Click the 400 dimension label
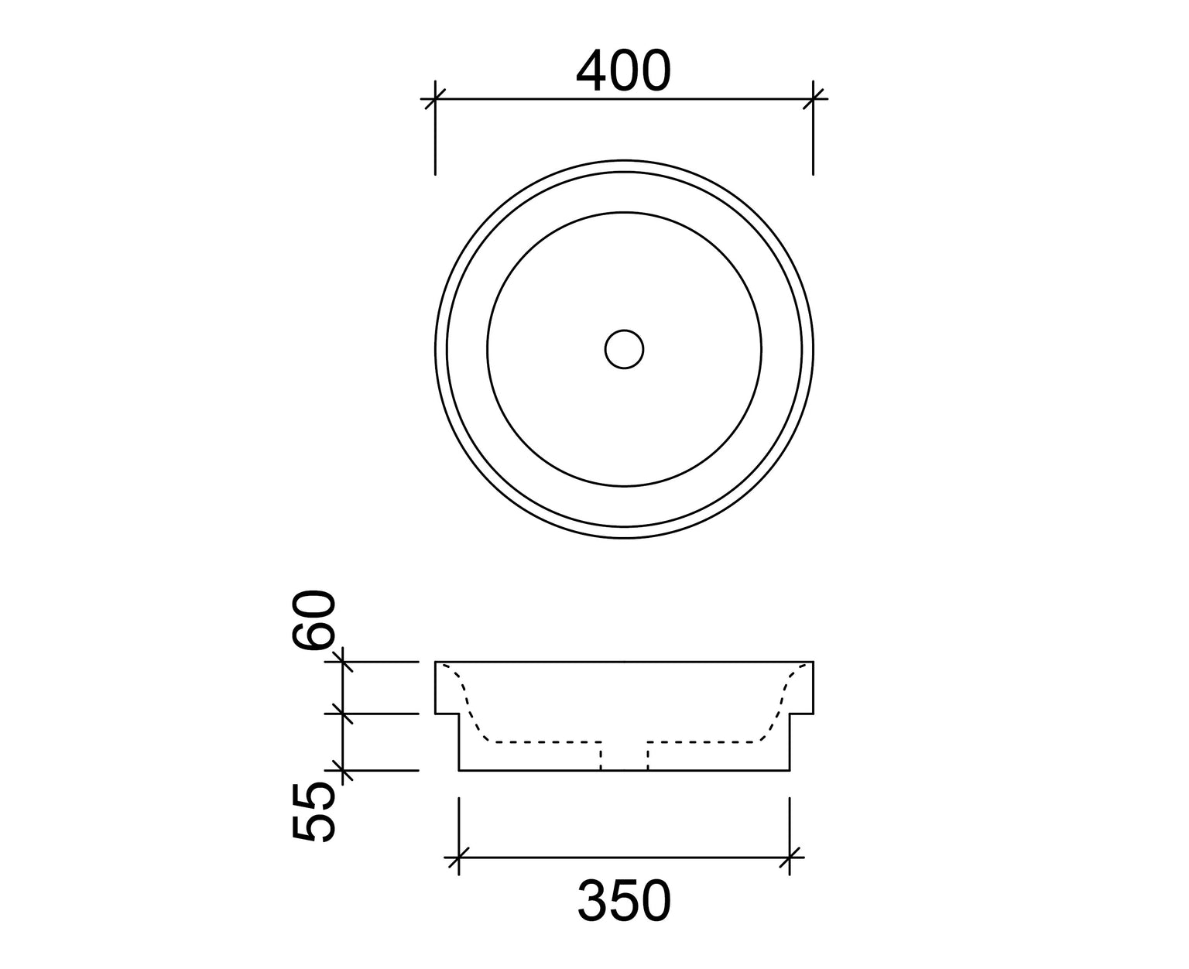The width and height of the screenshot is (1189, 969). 623,71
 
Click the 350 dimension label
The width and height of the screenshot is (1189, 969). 624,902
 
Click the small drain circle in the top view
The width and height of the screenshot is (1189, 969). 624,350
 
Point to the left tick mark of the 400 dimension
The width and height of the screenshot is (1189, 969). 435,99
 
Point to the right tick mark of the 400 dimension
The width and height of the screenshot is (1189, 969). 813,99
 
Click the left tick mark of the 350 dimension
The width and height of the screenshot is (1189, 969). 459,858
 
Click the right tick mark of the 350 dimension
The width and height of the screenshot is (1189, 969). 790,858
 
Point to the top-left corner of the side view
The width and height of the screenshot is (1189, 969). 436,663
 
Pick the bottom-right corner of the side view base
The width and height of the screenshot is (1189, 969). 790,771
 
